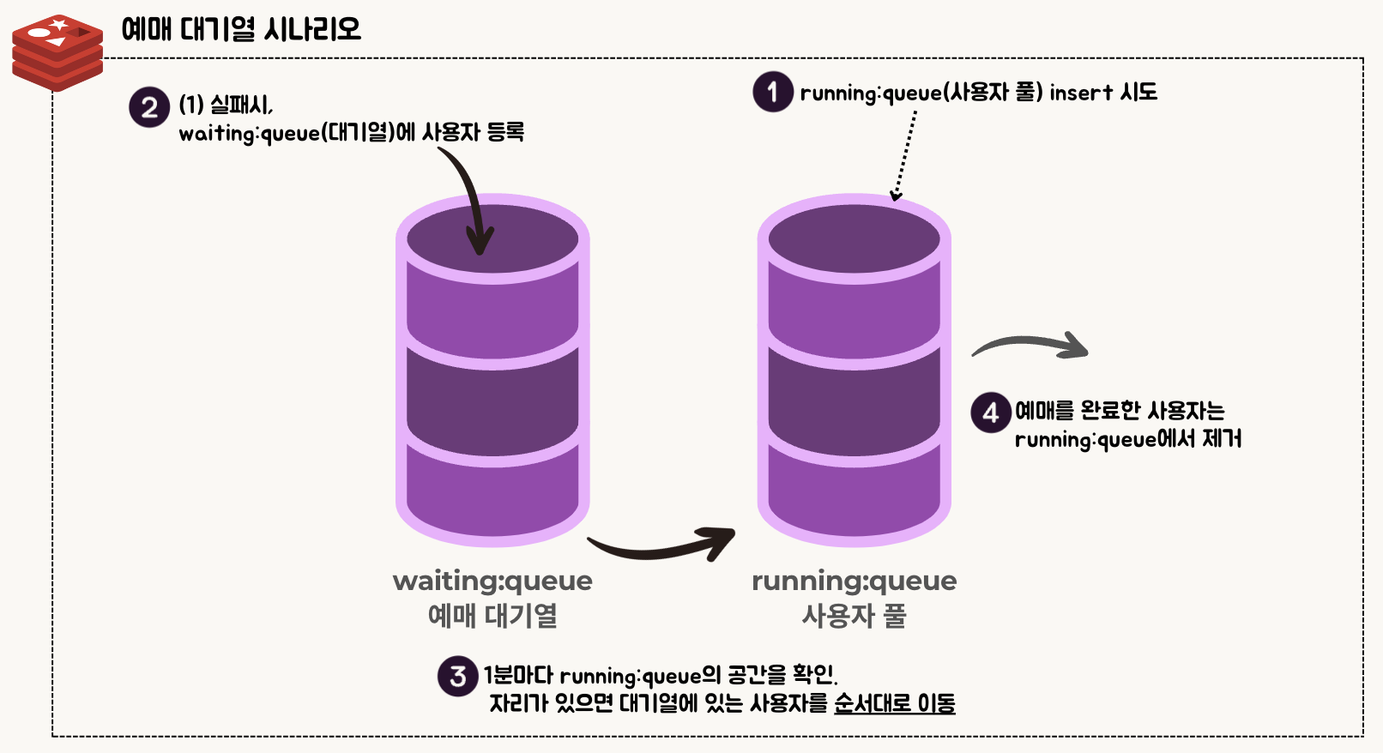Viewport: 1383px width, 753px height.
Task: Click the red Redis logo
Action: (57, 51)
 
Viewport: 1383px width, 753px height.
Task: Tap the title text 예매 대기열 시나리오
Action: (241, 29)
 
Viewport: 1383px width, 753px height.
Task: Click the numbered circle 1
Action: (772, 92)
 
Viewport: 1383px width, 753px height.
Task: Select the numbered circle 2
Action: (149, 108)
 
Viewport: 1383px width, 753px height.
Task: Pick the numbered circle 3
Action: (457, 677)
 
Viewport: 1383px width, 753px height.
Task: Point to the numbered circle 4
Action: (990, 413)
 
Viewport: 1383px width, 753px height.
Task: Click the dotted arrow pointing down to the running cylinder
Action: (905, 154)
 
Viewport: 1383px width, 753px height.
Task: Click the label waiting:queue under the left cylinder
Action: (492, 581)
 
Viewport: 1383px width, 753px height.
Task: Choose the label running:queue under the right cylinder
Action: (854, 581)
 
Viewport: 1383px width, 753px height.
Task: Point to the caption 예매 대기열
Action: (492, 616)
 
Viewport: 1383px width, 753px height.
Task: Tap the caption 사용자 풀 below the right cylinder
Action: (854, 616)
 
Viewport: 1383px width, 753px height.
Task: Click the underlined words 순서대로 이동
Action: (894, 704)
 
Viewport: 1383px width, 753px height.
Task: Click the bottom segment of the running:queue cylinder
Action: (855, 493)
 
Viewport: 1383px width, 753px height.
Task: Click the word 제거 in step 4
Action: (1222, 439)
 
